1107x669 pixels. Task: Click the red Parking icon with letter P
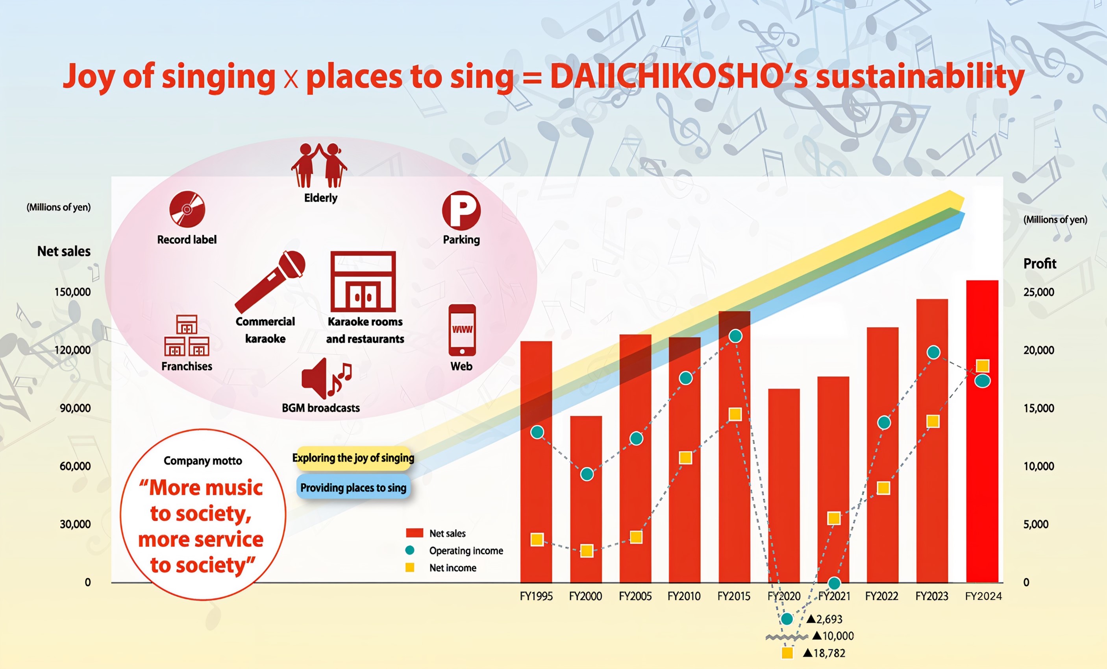(x=461, y=210)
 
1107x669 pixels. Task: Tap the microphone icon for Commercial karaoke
(x=270, y=282)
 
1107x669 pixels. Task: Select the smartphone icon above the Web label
(x=462, y=330)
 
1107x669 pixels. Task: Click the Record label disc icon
(x=187, y=209)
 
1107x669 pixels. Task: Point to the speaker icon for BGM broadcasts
(x=327, y=378)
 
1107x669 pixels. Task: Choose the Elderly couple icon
(x=319, y=165)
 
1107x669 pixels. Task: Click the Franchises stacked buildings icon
(x=187, y=335)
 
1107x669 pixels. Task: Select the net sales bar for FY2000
(x=586, y=499)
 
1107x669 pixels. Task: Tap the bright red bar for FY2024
(x=982, y=431)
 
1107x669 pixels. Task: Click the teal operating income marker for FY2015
(x=735, y=336)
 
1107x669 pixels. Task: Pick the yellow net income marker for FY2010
(x=685, y=457)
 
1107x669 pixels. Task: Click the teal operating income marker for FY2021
(x=834, y=583)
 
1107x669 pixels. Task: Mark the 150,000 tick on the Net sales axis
(x=72, y=292)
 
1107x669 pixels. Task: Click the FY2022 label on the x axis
(x=881, y=596)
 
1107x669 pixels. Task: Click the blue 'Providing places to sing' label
(x=353, y=487)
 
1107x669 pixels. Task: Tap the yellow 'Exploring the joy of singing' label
(x=353, y=458)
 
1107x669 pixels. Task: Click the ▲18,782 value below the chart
(x=824, y=653)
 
